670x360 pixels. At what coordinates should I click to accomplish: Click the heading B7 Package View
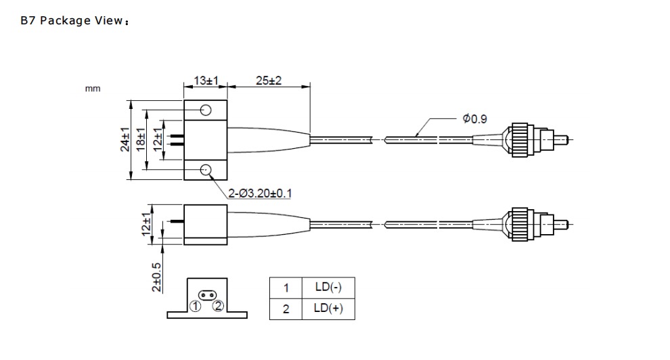[x=74, y=20]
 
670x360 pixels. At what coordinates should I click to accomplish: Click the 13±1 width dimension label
[x=204, y=81]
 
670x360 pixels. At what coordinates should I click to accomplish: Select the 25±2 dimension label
[x=268, y=81]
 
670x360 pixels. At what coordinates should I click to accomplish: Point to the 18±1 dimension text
[x=141, y=140]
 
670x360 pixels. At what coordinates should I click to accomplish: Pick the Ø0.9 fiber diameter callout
[x=474, y=119]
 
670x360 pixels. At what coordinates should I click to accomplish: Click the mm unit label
[x=93, y=89]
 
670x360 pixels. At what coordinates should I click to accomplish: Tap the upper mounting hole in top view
[x=206, y=110]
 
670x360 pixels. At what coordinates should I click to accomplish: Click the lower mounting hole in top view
[x=206, y=171]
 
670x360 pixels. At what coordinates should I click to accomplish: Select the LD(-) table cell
[x=328, y=287]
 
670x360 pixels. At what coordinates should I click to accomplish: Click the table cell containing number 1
[x=286, y=287]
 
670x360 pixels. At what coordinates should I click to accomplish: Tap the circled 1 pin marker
[x=194, y=306]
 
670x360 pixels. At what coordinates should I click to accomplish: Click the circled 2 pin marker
[x=218, y=306]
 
